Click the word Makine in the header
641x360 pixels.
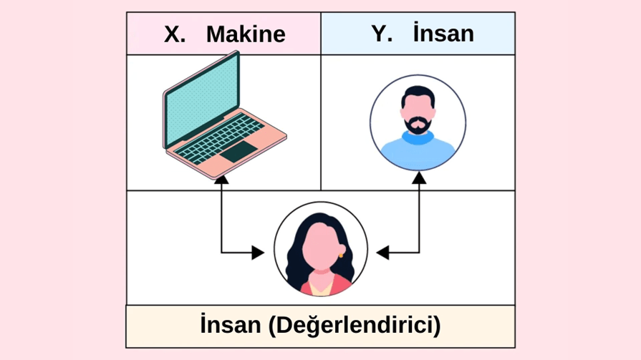pos(246,34)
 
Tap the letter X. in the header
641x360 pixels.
pos(175,34)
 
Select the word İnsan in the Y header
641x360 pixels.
pos(443,34)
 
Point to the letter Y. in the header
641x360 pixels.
pos(381,34)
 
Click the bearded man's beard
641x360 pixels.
pos(418,125)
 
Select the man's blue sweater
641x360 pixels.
pos(418,152)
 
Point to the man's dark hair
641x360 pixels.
pos(418,96)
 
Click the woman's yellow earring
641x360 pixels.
pos(341,254)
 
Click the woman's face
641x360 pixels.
pos(320,248)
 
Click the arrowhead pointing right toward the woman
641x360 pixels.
pos(258,252)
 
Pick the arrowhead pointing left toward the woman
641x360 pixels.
pos(382,252)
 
